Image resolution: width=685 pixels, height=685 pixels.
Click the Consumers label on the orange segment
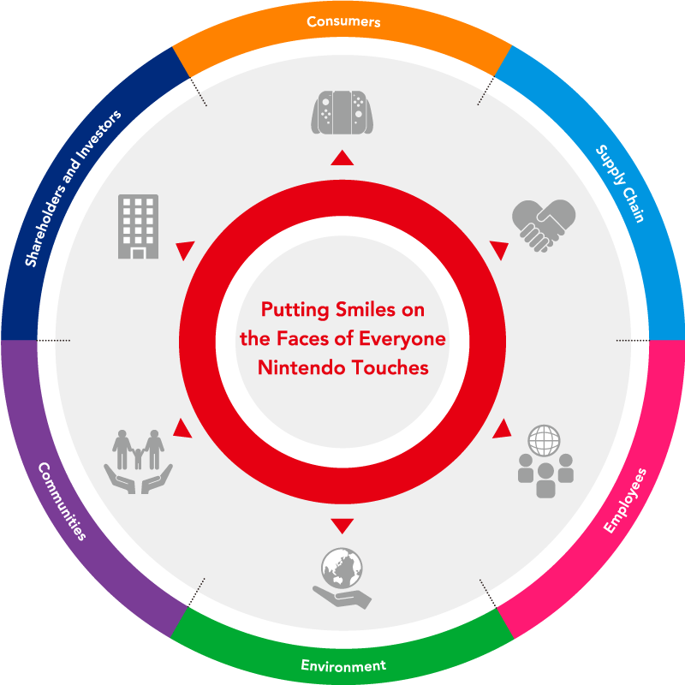tap(343, 21)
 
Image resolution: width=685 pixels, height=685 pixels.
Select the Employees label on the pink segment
tap(625, 501)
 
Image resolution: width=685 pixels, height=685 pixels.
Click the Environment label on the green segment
tap(343, 665)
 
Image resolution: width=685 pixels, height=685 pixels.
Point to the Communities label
tap(61, 501)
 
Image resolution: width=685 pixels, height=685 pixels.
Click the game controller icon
tap(342, 112)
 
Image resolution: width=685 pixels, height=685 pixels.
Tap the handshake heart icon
tap(544, 224)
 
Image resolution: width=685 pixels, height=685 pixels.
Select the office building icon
tap(138, 226)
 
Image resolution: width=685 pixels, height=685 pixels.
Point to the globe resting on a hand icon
tap(342, 578)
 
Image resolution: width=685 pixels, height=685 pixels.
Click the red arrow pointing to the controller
tap(342, 158)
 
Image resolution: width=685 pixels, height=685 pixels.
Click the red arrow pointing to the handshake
tap(498, 250)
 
